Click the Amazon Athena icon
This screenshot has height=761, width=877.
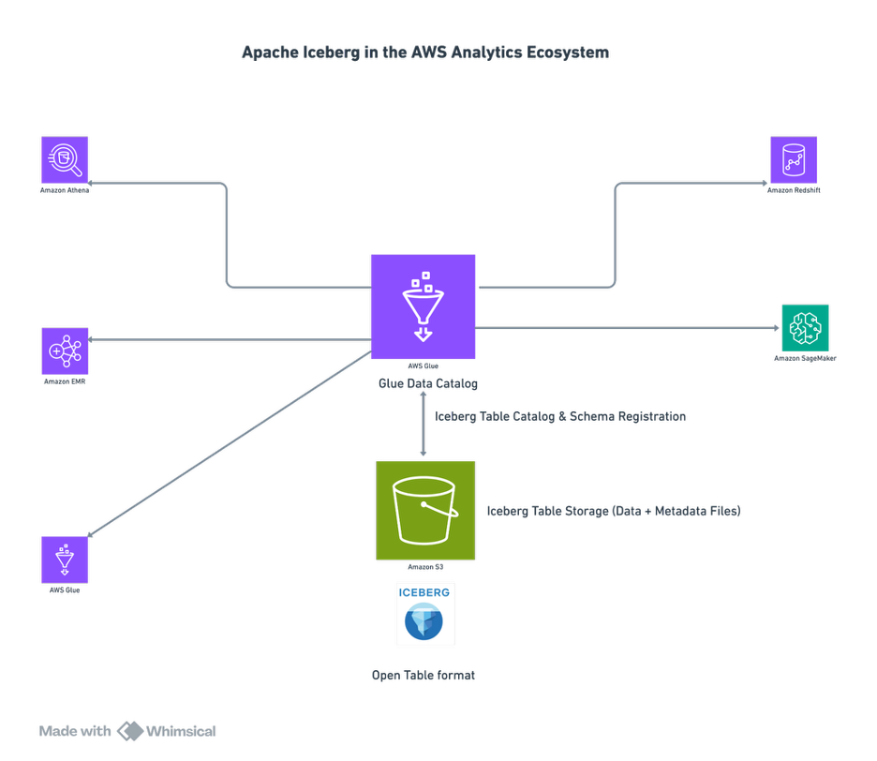65,159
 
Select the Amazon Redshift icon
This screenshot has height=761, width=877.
794,159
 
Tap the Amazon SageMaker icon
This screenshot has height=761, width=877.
805,327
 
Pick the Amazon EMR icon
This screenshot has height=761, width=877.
65,351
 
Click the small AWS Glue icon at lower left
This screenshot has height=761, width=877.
65,560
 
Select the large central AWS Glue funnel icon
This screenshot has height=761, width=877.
423,306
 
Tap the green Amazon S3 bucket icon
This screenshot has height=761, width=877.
425,510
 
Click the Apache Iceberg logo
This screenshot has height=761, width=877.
425,614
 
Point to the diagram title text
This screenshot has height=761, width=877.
425,52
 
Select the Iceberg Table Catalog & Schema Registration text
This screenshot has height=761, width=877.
560,415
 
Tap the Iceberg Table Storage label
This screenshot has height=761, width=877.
614,511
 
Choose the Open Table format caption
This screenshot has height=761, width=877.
424,675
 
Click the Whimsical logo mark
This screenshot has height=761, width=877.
130,731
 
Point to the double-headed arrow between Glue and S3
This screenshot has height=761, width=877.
424,424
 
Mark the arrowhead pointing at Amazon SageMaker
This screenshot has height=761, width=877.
775,328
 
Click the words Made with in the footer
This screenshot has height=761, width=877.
75,731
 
